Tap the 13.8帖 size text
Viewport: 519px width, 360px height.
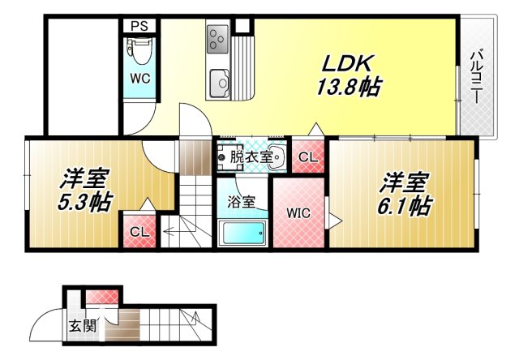coord(350,86)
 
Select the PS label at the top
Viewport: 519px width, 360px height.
coord(139,25)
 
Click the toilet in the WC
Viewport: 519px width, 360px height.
coord(139,54)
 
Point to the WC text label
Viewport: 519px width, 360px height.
coord(140,80)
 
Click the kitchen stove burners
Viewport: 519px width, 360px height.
coord(218,38)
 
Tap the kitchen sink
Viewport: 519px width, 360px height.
coord(219,82)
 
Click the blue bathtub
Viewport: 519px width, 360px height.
coord(244,234)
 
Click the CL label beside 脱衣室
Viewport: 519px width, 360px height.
coord(308,158)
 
